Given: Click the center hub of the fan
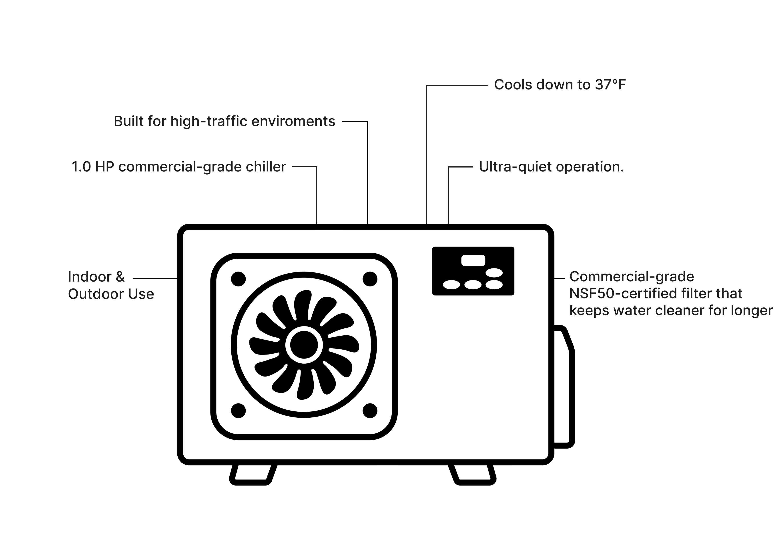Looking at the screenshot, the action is click(304, 345).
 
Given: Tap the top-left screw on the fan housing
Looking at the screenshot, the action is click(239, 279).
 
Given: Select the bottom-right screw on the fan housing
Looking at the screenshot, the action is click(370, 411).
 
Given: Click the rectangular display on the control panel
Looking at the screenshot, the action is click(473, 260).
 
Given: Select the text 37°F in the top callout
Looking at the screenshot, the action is click(610, 85).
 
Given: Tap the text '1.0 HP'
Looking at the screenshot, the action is click(93, 167).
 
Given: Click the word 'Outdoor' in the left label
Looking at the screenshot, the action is click(95, 294).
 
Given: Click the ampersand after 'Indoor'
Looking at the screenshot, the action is click(120, 277).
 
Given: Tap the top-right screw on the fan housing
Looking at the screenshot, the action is click(370, 279).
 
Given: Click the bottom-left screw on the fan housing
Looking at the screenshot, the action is click(239, 411).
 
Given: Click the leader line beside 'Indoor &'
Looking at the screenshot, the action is click(155, 279).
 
